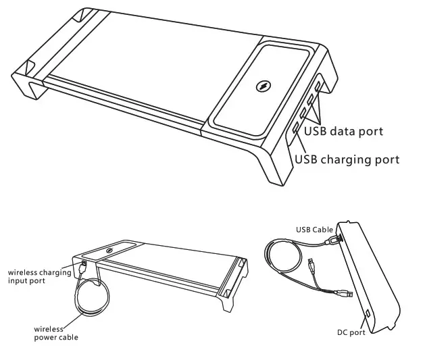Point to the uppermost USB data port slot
point(318,86)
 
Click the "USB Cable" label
point(314,230)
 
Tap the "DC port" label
point(352,332)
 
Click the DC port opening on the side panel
point(368,313)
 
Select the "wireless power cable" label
point(55,333)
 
